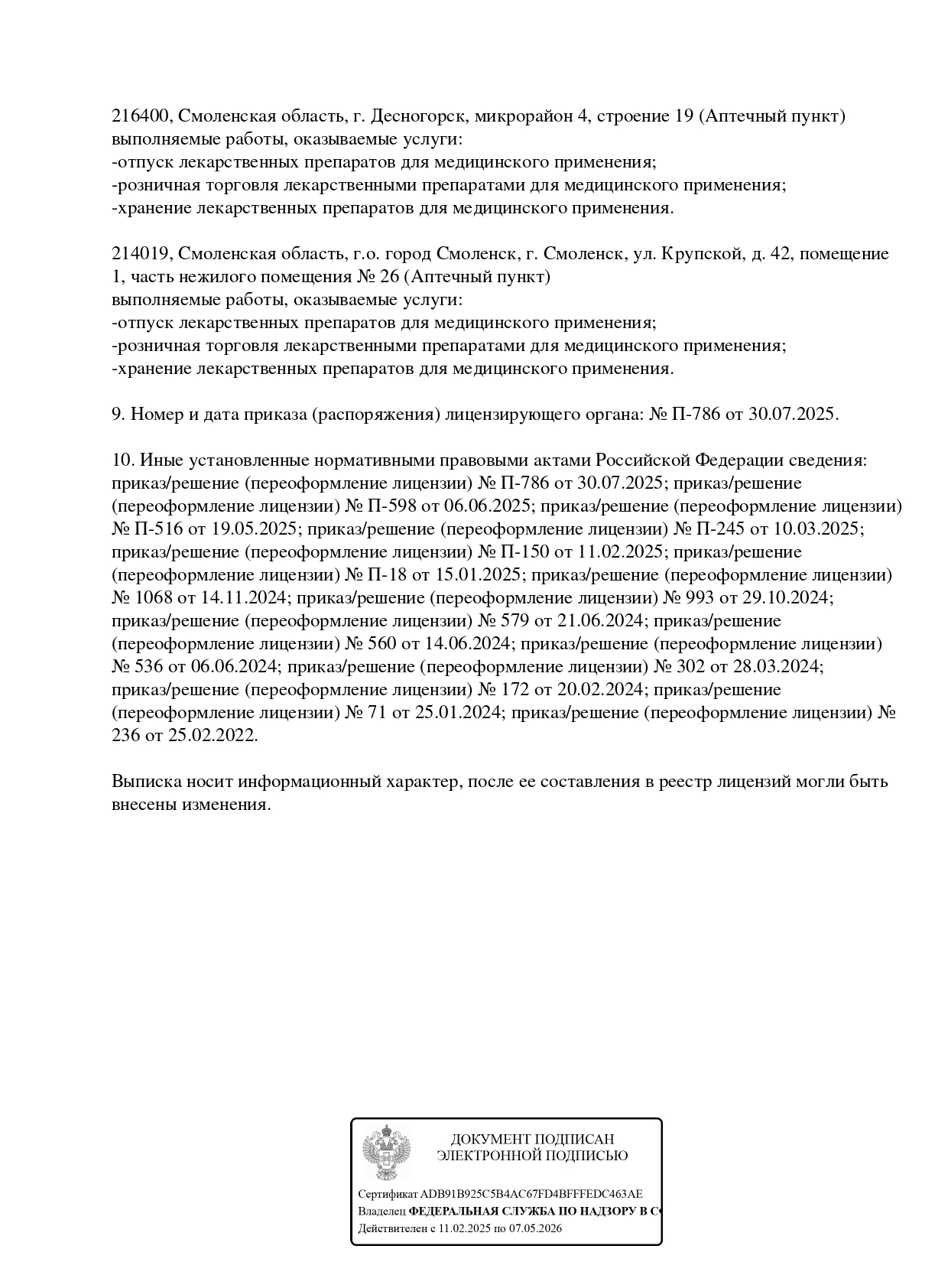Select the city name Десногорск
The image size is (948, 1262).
(x=418, y=116)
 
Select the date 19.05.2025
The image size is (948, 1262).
(x=249, y=529)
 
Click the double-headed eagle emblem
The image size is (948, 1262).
(x=386, y=1153)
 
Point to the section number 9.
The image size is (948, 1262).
(x=117, y=415)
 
